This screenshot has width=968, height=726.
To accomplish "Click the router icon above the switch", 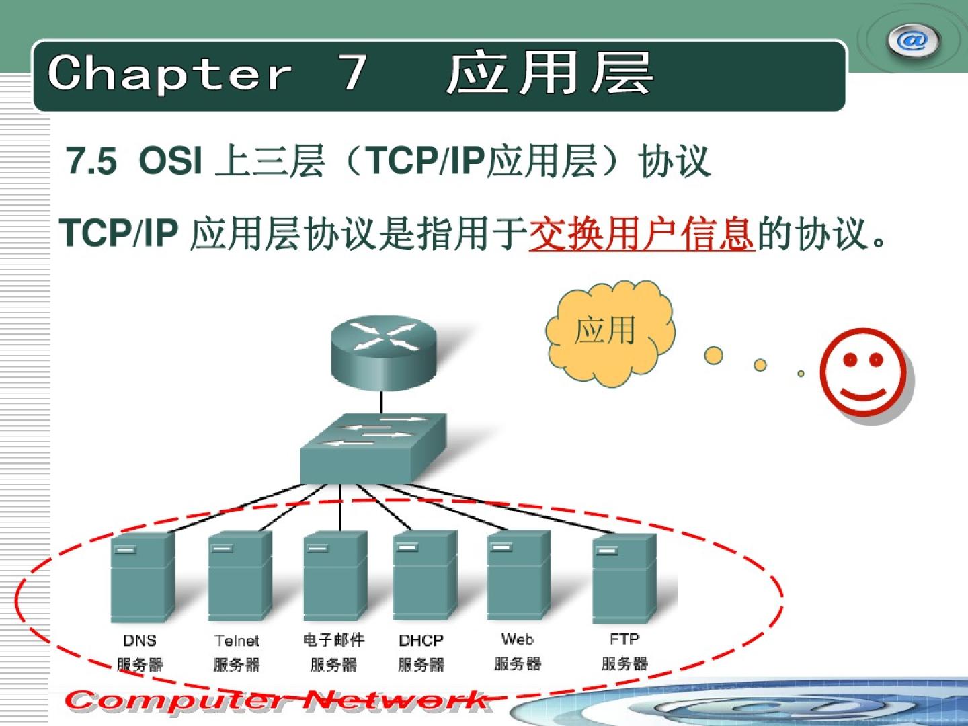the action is [x=383, y=353].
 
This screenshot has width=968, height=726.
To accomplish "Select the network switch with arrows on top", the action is [x=373, y=448].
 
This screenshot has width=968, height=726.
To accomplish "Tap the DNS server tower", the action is [x=143, y=577].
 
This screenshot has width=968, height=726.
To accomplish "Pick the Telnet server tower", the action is [x=240, y=576].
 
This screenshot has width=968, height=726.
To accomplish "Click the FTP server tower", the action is [x=624, y=578].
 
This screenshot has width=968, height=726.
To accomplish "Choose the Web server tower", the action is [x=518, y=575].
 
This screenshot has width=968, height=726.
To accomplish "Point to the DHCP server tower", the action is [x=425, y=575].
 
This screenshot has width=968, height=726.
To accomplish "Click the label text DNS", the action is [x=140, y=641].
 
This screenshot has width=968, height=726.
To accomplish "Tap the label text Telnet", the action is [x=237, y=641].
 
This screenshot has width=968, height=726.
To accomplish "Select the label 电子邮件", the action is [x=334, y=639].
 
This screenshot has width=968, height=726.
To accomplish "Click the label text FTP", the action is [x=624, y=639].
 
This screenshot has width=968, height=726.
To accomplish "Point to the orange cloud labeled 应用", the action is [x=610, y=333].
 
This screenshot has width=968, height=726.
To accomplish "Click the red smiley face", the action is [x=864, y=372].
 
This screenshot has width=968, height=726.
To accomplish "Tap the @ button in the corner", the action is [x=912, y=41].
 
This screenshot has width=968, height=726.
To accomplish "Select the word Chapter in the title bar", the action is [x=170, y=73].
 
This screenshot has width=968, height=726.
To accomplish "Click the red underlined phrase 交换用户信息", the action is [x=642, y=234].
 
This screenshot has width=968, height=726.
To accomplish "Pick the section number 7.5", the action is [x=91, y=161].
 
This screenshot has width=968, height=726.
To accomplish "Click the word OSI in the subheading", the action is [x=170, y=161].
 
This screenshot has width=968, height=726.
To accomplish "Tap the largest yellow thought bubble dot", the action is [x=713, y=356].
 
